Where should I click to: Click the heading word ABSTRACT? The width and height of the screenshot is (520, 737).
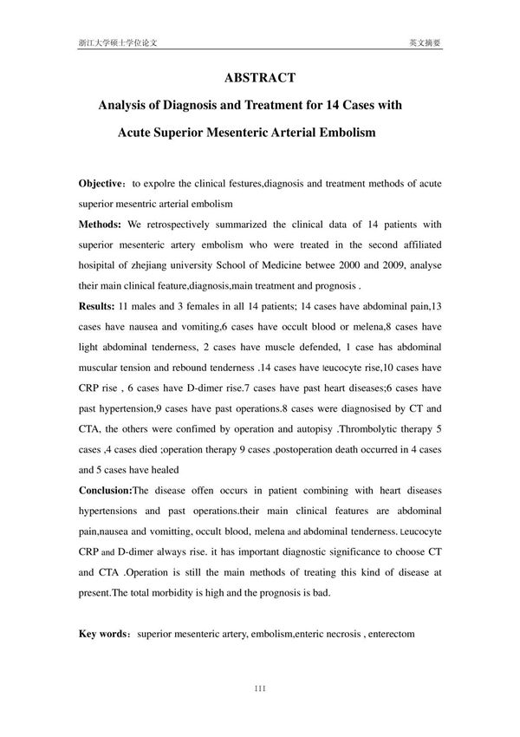point(260,77)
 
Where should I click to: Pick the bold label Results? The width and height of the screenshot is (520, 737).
point(99,305)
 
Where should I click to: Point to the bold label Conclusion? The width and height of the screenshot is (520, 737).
point(111,489)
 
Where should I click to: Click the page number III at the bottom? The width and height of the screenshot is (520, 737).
point(260,689)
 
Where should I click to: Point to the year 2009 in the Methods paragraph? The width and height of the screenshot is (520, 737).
point(425,265)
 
